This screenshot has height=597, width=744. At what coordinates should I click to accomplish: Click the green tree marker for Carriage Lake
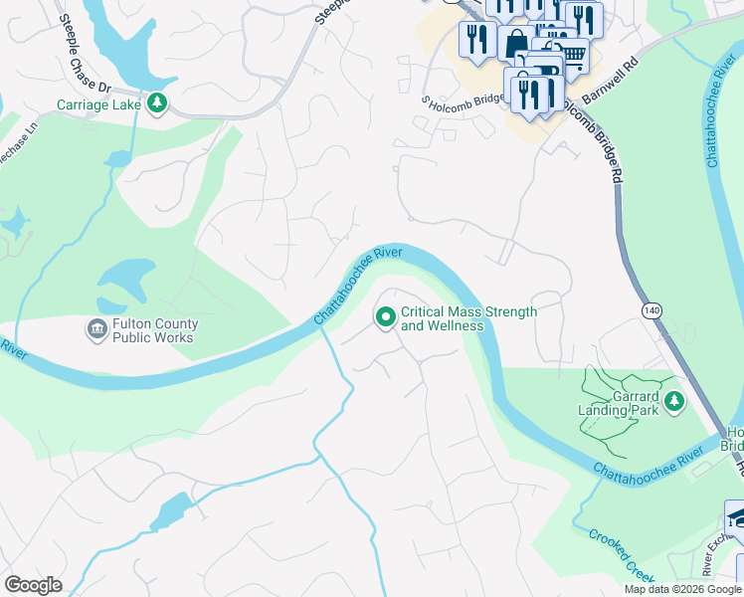[156, 103]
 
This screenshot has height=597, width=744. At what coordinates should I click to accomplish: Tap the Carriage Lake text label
[97, 104]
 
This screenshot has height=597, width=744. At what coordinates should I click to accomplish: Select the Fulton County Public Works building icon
[97, 329]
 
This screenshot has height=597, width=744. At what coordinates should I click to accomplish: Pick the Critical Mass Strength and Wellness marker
[385, 317]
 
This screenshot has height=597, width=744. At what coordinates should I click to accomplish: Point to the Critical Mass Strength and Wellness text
[467, 318]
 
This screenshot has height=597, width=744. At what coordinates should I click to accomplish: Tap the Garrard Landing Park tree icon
[675, 401]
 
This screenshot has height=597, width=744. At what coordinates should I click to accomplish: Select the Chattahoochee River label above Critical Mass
[358, 286]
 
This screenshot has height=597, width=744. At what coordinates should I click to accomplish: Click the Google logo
[34, 584]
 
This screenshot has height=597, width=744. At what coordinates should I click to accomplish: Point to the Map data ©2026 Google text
[681, 589]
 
